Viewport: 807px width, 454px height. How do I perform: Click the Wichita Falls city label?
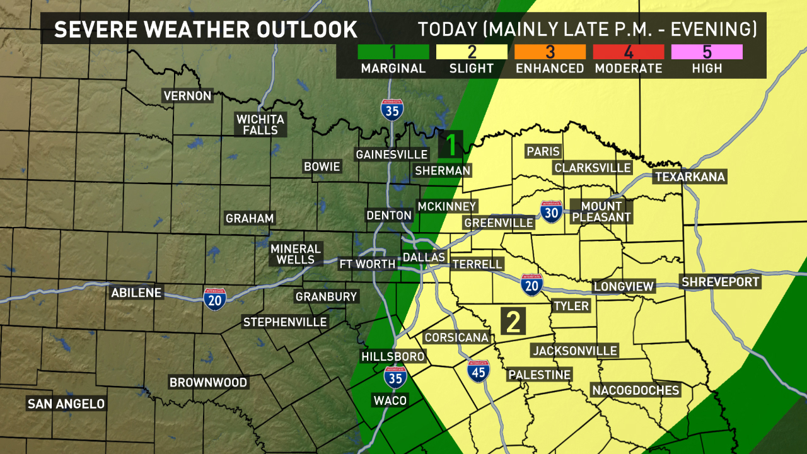tap(260, 124)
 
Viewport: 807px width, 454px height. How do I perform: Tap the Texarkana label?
tap(690, 177)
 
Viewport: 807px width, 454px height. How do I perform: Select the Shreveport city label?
tap(721, 282)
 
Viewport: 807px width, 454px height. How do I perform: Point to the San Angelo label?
tap(66, 404)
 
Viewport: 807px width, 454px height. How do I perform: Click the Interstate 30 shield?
tap(552, 212)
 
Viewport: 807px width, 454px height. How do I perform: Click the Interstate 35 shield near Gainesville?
tap(392, 110)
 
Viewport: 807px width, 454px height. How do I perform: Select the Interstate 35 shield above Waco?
tap(395, 378)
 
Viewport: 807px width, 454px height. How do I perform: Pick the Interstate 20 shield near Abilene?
tap(215, 299)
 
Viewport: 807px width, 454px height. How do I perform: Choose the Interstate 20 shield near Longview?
tap(532, 285)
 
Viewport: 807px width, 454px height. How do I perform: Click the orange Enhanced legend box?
tap(550, 52)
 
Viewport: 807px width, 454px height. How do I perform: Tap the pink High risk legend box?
tap(707, 52)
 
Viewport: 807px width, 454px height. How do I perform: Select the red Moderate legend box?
tap(628, 52)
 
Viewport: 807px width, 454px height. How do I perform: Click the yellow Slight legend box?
tap(472, 52)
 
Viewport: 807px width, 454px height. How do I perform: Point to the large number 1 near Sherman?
tap(452, 144)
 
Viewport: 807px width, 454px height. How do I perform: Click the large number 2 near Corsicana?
tap(514, 322)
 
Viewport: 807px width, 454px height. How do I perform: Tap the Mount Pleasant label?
tap(601, 212)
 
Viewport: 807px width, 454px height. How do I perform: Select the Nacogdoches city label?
tap(636, 390)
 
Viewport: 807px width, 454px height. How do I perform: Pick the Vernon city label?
tap(187, 96)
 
